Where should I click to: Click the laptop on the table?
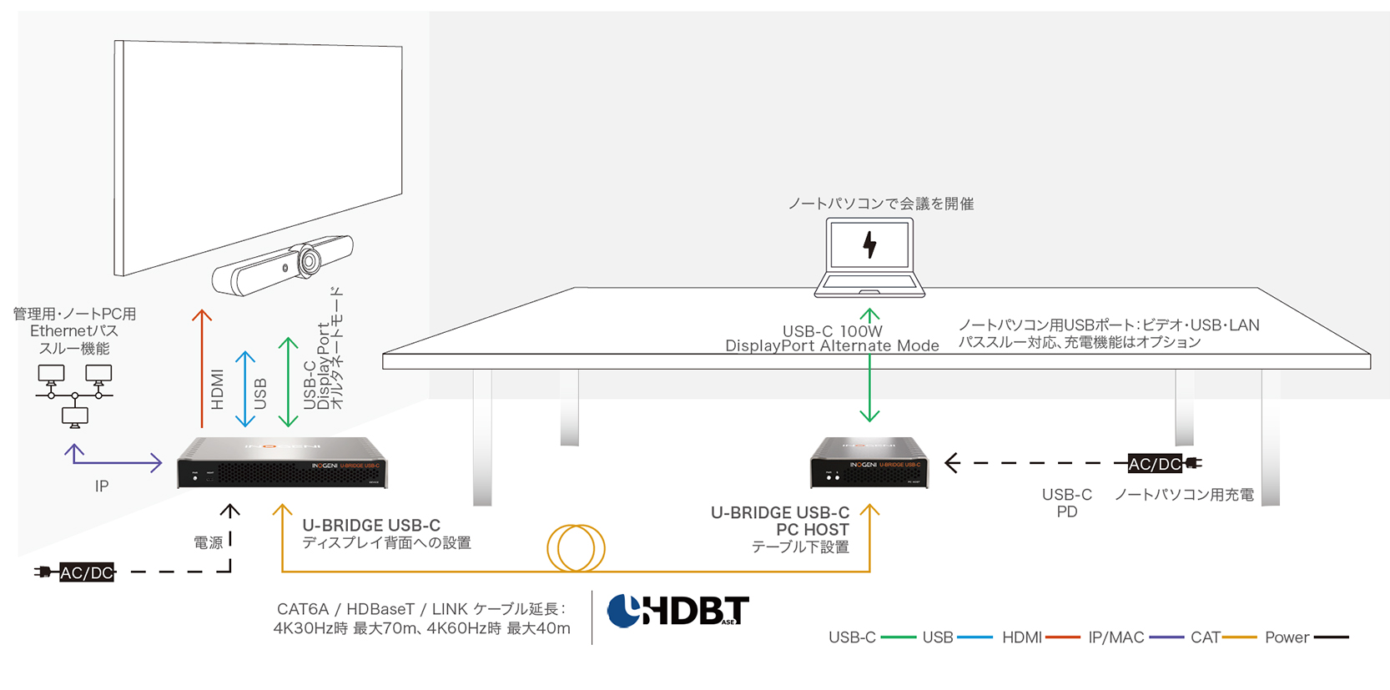point(869,257)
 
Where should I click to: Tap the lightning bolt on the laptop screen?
point(869,244)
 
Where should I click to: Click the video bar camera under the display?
point(283,265)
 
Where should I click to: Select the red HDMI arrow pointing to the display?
point(202,367)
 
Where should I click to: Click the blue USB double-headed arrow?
point(244,389)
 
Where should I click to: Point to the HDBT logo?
point(677,612)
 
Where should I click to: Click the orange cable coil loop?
point(576,548)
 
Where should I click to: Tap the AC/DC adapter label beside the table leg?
point(1155,464)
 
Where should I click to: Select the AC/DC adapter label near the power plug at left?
point(86,572)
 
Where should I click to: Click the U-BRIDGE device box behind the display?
point(282,463)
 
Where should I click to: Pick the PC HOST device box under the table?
point(869,463)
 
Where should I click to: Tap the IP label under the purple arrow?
point(102,486)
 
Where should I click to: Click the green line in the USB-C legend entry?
point(898,637)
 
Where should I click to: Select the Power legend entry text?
point(1287,637)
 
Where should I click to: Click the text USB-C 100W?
point(832,331)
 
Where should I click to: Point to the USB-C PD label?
point(1066,503)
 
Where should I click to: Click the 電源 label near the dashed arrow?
point(209,542)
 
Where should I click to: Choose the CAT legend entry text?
point(1205,637)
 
